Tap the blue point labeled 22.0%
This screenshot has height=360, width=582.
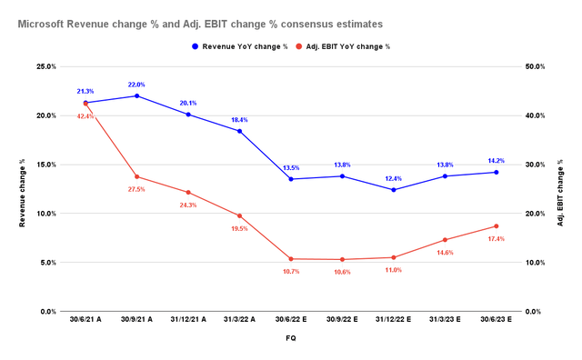136,95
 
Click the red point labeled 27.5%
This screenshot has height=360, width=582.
136,176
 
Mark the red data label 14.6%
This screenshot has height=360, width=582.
445,252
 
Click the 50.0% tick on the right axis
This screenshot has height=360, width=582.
537,66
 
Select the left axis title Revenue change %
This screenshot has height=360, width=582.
22,189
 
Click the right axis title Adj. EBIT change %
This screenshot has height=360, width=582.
563,189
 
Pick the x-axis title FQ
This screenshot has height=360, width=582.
291,337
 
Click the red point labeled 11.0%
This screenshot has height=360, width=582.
394,257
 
